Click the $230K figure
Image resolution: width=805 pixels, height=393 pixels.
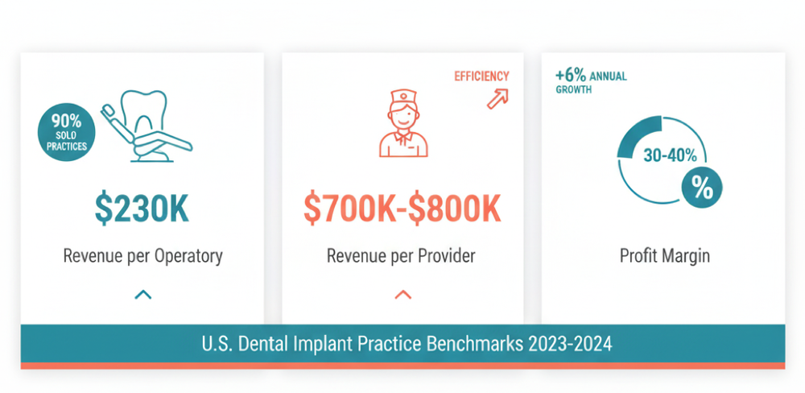tap(142, 208)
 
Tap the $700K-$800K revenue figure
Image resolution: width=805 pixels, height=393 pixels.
tap(402, 208)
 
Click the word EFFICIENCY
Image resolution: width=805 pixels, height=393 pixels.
tap(481, 77)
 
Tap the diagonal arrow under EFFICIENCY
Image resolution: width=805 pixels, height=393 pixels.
tap(498, 98)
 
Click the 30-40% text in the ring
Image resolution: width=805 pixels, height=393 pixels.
tap(671, 155)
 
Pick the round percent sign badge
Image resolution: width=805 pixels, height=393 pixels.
tap(701, 189)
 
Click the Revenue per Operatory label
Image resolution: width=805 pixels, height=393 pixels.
tap(142, 256)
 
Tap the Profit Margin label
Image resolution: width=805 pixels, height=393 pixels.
tap(664, 256)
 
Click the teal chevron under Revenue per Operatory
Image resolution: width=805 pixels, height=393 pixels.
tap(142, 295)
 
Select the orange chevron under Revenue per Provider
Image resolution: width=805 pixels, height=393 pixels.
tap(402, 295)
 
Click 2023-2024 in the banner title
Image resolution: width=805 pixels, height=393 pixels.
tap(570, 344)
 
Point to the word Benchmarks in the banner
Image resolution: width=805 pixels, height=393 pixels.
tap(475, 344)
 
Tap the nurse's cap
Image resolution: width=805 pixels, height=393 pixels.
tap(402, 98)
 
